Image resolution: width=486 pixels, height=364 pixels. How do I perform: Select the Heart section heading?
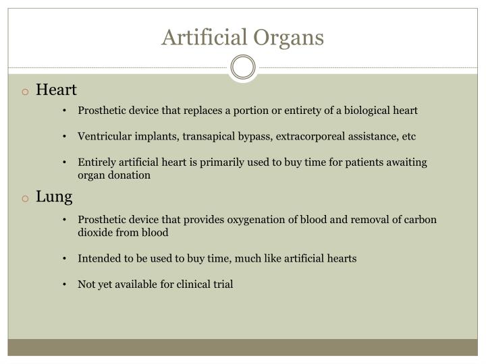(x=57, y=90)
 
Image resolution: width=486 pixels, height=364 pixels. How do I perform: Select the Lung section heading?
(x=54, y=197)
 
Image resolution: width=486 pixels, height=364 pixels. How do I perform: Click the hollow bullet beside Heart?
(x=24, y=91)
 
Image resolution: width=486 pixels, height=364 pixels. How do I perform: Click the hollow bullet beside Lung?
(x=24, y=198)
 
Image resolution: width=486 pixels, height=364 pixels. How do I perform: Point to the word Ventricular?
(x=103, y=136)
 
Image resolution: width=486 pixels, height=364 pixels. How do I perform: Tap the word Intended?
(x=99, y=258)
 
